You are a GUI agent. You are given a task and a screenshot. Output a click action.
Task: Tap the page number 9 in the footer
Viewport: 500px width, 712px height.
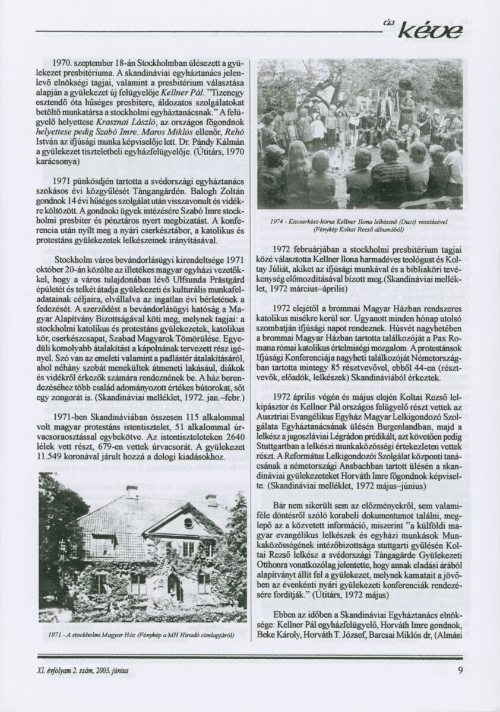460,671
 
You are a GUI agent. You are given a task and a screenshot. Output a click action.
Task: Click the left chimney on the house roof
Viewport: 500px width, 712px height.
132,492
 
